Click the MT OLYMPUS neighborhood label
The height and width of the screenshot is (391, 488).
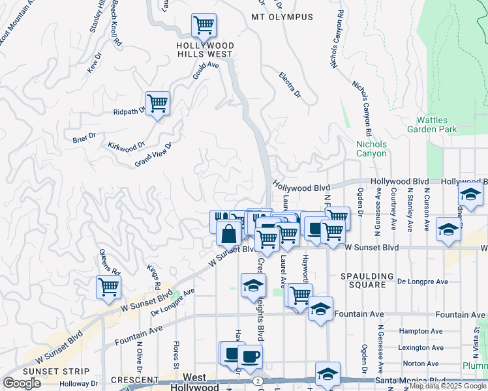pos(282,17)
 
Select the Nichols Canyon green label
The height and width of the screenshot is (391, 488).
pos(371,149)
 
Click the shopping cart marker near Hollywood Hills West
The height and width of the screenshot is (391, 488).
pos(204,26)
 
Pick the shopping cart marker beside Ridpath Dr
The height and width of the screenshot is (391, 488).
pos(157,103)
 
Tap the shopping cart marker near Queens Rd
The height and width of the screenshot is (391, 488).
pos(108,287)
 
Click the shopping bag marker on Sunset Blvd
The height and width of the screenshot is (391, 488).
pos(229,233)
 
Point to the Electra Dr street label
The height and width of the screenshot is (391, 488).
pos(289,85)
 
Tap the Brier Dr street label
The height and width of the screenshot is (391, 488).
pos(84,137)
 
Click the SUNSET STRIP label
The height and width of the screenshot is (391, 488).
pos(33,371)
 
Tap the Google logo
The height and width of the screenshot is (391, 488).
pos(22,383)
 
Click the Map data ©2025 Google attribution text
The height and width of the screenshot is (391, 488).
pos(448,386)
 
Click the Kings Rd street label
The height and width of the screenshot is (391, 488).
pos(153,277)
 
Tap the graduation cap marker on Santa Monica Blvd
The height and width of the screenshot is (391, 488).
pos(328,374)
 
